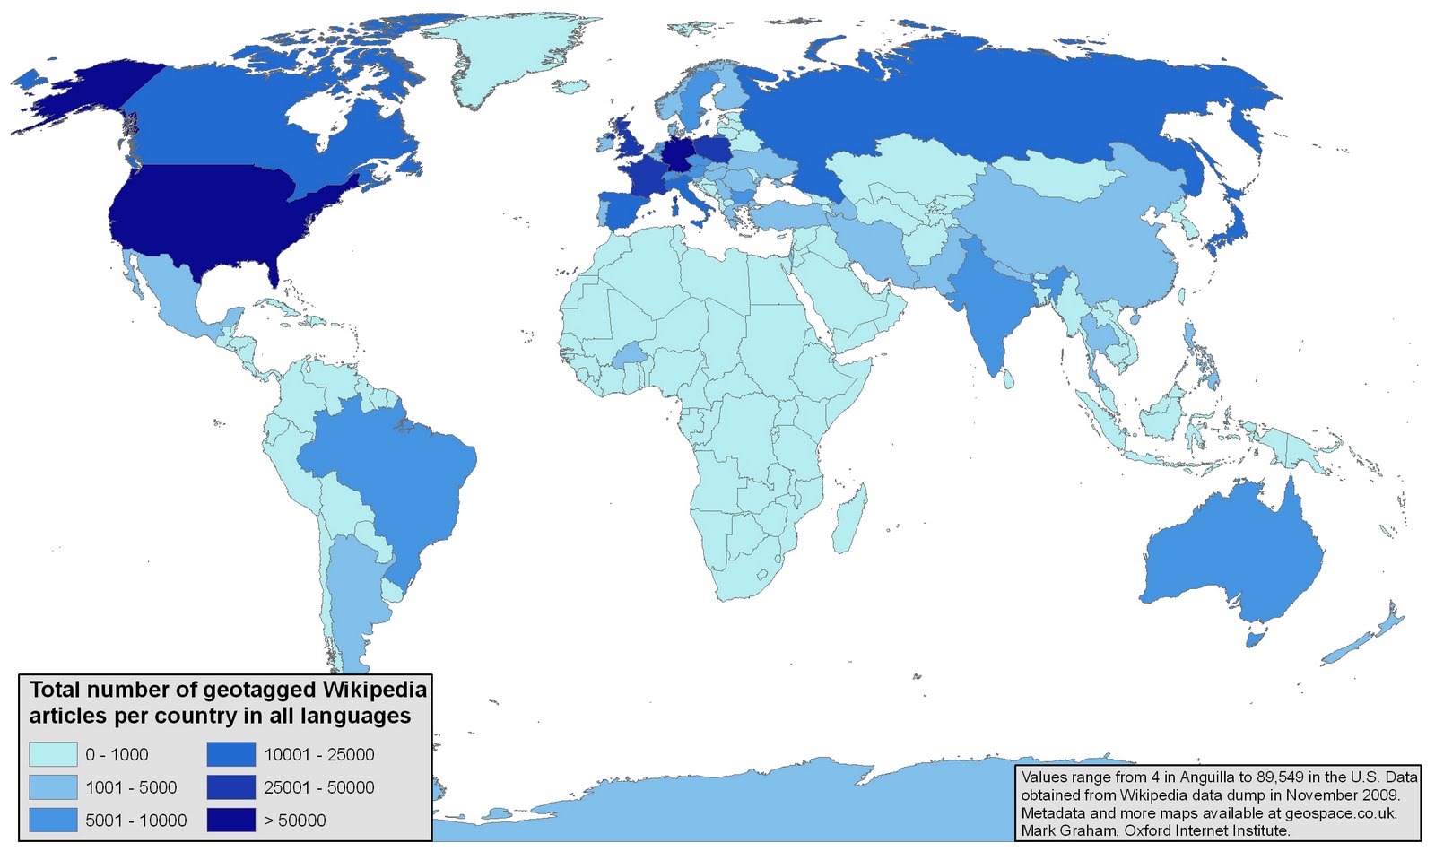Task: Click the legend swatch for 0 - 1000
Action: coord(53,754)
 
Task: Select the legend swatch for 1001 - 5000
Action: coord(53,787)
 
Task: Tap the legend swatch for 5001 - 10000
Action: coord(53,820)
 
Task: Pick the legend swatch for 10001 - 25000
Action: coord(230,754)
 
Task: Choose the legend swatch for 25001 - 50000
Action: coord(230,787)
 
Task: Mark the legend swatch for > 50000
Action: coord(230,820)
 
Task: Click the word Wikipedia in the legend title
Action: coord(374,690)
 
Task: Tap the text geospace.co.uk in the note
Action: coord(1340,812)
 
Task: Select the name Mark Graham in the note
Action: coord(1063,830)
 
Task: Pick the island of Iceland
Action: coord(570,87)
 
